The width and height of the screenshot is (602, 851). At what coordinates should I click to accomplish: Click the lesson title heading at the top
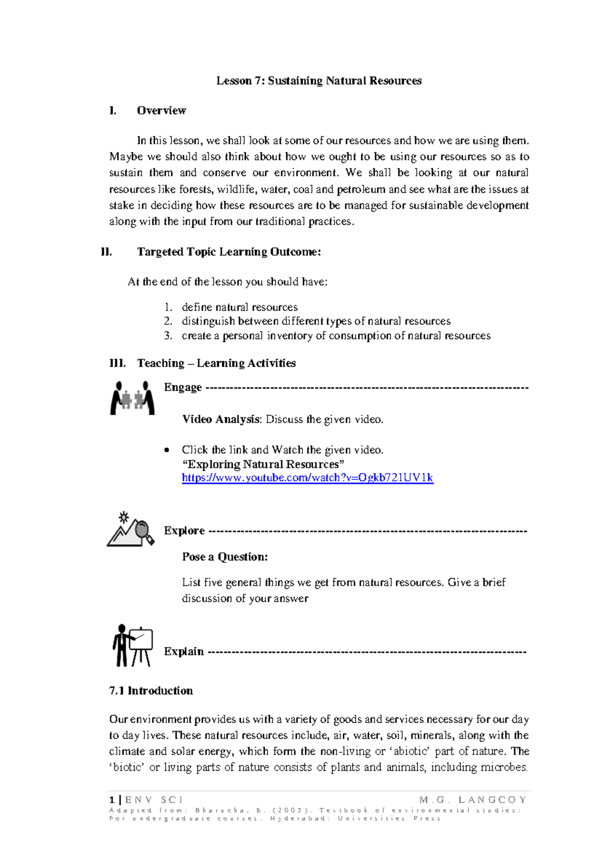pos(319,81)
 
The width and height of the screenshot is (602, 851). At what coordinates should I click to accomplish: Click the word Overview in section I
pos(161,110)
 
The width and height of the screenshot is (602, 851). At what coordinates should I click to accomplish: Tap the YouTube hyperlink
pos(307,478)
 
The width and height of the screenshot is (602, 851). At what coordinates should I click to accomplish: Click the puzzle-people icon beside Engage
pos(132,398)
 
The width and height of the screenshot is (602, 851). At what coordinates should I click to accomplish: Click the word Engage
pos(183,387)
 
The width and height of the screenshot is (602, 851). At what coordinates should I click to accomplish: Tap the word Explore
pos(184,531)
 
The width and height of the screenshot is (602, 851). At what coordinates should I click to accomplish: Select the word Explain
pos(184,651)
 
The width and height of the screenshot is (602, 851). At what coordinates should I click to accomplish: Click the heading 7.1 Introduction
pos(151,691)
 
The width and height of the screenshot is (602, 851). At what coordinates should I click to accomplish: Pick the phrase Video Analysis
pos(221,419)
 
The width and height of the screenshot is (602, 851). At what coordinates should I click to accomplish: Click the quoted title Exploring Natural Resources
pos(263,464)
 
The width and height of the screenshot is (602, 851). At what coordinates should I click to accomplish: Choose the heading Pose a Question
pos(225,557)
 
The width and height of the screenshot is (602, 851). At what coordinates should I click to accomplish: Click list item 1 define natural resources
pos(239,307)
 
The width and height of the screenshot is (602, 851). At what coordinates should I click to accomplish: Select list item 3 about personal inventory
pos(336,336)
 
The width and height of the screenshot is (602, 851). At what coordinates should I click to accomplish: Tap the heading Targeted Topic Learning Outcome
pos(229,252)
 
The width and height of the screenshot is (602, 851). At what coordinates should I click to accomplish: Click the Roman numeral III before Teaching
pos(117,363)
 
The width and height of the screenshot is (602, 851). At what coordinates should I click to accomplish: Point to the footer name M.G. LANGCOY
pos(473,800)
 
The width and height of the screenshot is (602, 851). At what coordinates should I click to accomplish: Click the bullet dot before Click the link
pos(167,450)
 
